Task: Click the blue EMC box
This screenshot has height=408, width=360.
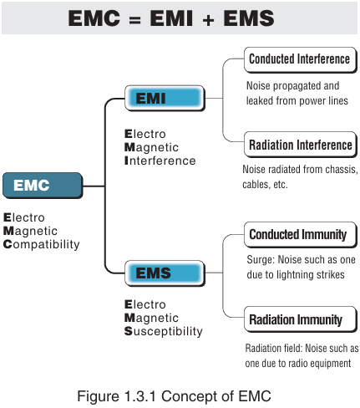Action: (42, 185)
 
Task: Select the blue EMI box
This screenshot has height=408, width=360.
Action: (164, 99)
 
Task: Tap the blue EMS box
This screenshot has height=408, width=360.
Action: (164, 273)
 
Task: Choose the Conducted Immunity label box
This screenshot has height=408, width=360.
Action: (297, 235)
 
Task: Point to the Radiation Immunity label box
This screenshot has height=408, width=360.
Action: (296, 319)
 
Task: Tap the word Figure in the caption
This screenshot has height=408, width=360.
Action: (97, 395)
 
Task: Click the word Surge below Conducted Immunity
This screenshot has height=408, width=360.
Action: (258, 259)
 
